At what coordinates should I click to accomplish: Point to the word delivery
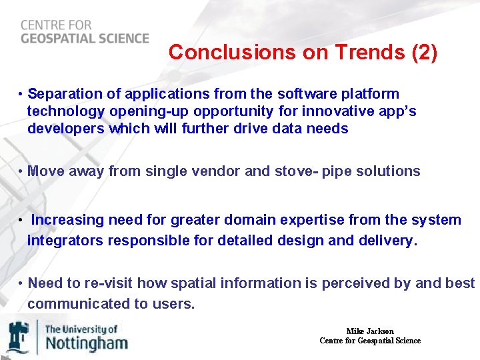pyautogui.click(x=391, y=241)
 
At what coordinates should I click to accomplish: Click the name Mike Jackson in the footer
pyautogui.click(x=370, y=331)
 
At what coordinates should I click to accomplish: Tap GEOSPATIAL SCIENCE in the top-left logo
pyautogui.click(x=85, y=38)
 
